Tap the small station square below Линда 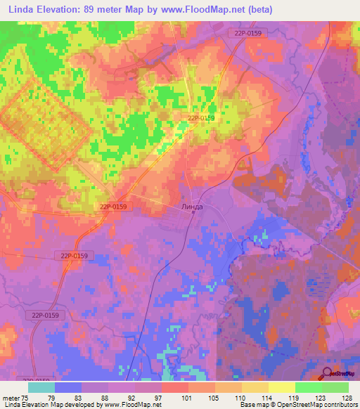pyautogui.click(x=193, y=213)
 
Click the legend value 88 pyautogui.click(x=108, y=397)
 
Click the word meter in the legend pyautogui.click(x=9, y=397)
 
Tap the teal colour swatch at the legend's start pyautogui.click(x=41, y=387)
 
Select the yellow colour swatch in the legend pyautogui.click(x=282, y=387)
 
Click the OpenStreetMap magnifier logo pyautogui.click(x=328, y=375)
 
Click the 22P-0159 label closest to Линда pyautogui.click(x=114, y=207)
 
